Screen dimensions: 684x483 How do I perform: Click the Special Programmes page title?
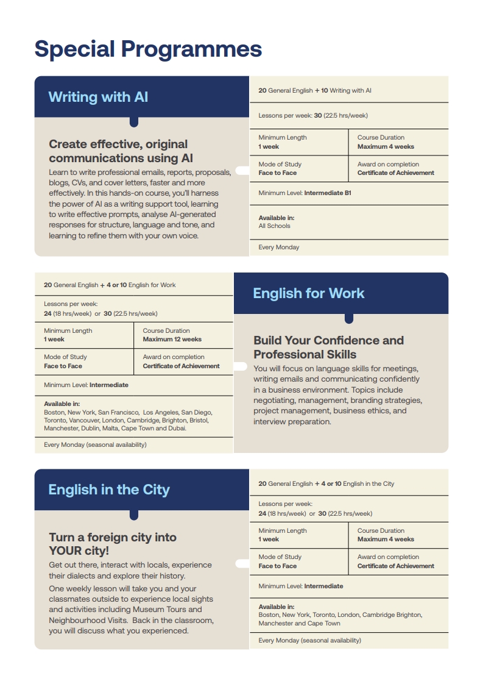tap(148, 49)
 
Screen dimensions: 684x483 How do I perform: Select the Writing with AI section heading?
tap(98, 97)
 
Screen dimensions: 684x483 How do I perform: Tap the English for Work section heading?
tap(308, 293)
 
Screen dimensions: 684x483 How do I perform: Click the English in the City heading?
tap(109, 490)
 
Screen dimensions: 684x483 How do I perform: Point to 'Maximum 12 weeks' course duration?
tap(172, 340)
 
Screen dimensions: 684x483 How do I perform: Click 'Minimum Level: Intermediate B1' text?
tap(305, 193)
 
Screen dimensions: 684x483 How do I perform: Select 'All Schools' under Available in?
tap(274, 226)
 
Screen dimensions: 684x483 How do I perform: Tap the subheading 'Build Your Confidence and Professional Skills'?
tap(328, 347)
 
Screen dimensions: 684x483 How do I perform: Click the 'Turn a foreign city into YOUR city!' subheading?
tap(113, 544)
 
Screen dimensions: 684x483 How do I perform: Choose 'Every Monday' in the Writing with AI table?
tap(279, 248)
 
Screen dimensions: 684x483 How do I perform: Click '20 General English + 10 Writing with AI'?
tap(315, 91)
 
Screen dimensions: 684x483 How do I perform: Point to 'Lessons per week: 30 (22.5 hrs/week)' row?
tap(313, 115)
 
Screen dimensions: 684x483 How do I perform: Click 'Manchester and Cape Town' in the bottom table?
tap(299, 624)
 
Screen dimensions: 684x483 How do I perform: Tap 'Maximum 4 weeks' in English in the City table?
tap(386, 540)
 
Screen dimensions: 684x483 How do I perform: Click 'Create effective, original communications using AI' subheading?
tap(121, 151)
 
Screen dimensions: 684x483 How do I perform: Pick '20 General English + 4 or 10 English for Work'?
tap(110, 285)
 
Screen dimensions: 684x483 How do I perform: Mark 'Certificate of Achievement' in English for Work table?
tap(181, 366)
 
